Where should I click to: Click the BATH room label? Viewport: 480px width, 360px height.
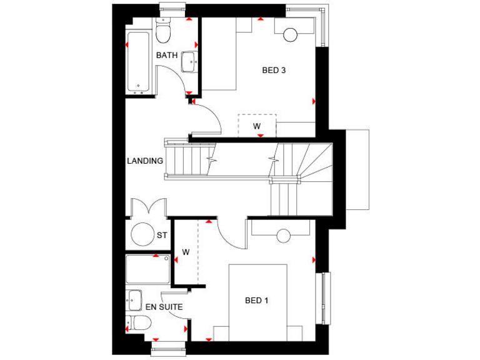tap(167, 55)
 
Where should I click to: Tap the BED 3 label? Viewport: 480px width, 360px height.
tap(274, 71)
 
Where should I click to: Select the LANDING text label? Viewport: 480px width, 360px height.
tap(145, 161)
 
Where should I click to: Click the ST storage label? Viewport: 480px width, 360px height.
tap(162, 236)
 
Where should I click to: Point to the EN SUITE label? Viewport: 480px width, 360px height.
tap(164, 307)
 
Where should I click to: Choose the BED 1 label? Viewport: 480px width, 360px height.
tap(256, 301)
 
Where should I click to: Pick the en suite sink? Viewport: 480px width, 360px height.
tap(134, 299)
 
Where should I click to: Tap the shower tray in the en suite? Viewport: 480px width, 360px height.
tap(148, 269)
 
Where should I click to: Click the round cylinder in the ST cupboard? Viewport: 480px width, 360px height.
tap(143, 234)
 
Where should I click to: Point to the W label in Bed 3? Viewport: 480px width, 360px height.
tap(257, 126)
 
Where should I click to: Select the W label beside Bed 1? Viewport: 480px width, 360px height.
tap(186, 252)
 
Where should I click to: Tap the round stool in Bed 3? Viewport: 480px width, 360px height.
tap(290, 35)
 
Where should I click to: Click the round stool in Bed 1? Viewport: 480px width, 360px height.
tap(284, 236)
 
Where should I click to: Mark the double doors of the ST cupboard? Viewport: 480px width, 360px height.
tap(148, 207)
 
